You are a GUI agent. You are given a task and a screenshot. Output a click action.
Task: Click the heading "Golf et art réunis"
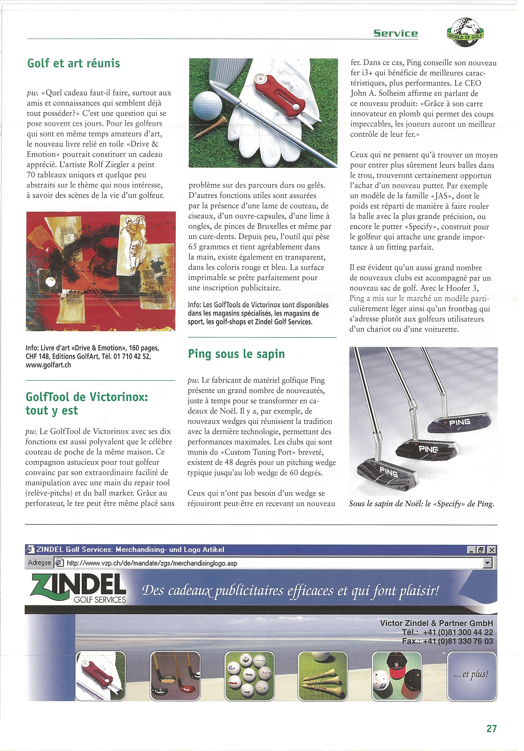point(74,63)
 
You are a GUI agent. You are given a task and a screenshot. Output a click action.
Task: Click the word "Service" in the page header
point(396,33)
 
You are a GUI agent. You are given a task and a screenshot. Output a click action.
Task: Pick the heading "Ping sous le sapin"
point(236,354)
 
